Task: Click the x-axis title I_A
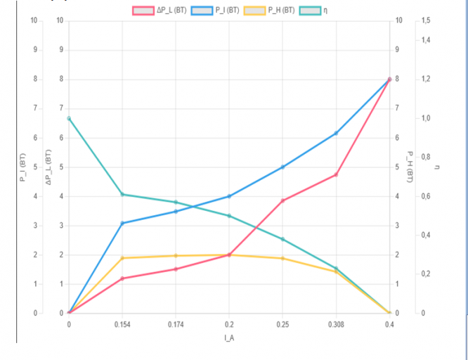point(229,337)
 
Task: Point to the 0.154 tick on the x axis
point(122,324)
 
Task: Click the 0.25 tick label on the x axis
point(282,324)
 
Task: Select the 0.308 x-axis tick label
point(336,324)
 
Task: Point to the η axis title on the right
point(437,167)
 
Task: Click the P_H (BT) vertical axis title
point(409,167)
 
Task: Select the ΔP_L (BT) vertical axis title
point(48,167)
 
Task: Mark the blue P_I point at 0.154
point(122,223)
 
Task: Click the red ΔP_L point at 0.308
point(336,174)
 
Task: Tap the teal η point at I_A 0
point(69,118)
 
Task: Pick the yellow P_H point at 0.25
point(282,258)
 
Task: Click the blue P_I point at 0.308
point(336,133)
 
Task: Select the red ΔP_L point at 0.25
point(282,200)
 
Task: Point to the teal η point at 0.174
point(176,202)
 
